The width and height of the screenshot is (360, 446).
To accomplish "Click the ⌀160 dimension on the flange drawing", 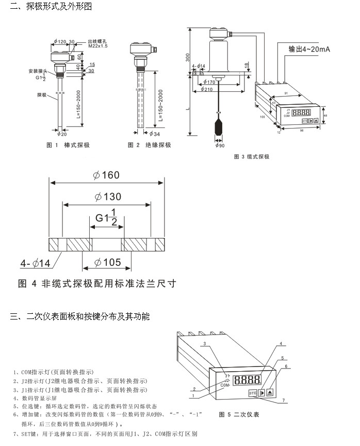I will tap(106, 175).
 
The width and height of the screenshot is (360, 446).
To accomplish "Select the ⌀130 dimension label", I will tap(107, 197).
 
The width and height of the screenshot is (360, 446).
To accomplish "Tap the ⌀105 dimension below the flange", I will tap(107, 262).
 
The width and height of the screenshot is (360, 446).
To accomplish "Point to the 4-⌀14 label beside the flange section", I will tap(36, 264).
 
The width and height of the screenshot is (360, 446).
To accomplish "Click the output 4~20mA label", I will tap(309, 50).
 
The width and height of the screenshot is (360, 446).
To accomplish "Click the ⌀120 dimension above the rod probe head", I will tap(60, 41).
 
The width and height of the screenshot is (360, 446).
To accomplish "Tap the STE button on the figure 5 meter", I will tap(252, 393).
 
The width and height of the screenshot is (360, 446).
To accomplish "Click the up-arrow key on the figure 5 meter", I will tap(269, 393).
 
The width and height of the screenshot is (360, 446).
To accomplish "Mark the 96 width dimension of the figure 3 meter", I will tap(301, 130).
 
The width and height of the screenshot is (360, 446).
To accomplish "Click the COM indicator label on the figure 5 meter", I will tap(224, 385).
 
